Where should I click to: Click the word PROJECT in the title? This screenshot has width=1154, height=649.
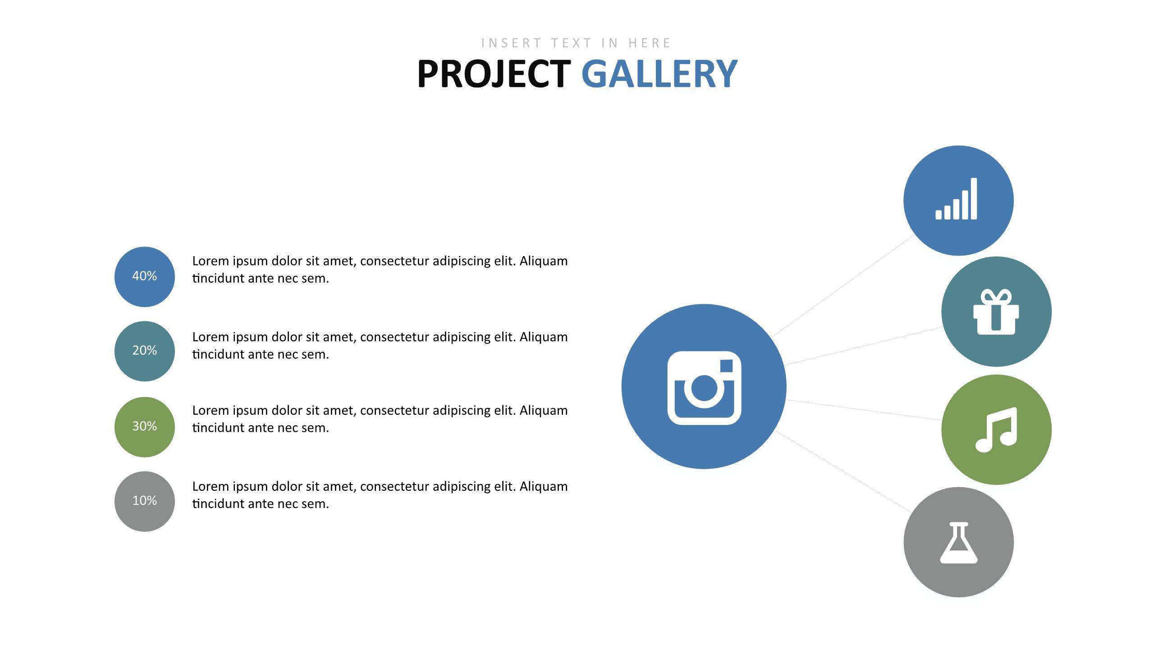click(494, 73)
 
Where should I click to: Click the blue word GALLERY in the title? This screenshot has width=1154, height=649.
click(659, 73)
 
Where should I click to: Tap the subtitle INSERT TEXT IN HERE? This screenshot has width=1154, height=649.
click(576, 43)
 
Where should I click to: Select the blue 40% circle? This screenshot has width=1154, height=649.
click(145, 277)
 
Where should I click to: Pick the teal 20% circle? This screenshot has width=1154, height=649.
click(145, 351)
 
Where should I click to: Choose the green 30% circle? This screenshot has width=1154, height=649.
click(145, 427)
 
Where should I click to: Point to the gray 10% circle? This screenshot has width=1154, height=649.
click(145, 501)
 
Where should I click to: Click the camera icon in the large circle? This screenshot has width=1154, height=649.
click(704, 388)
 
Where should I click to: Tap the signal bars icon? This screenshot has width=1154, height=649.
click(956, 199)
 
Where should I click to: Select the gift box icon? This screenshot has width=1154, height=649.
click(996, 312)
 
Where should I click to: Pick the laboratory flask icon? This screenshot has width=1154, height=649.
click(959, 543)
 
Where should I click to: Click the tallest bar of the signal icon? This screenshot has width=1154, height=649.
click(974, 199)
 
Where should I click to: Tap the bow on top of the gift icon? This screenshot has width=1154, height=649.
click(996, 297)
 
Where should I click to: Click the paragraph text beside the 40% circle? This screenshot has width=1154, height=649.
click(380, 270)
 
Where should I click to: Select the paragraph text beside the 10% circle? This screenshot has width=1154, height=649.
click(380, 495)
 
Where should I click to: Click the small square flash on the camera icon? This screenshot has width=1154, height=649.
click(726, 366)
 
